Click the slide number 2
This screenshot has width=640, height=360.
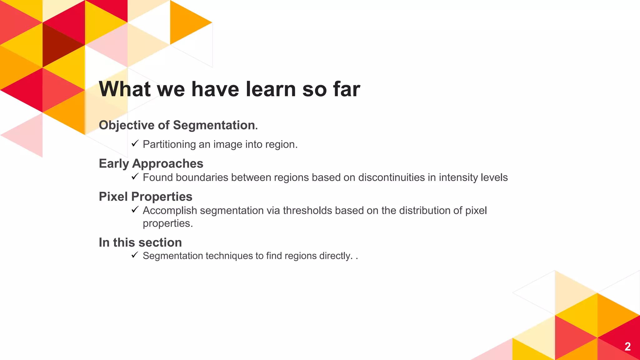click(x=627, y=347)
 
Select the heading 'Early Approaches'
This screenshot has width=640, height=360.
click(x=151, y=163)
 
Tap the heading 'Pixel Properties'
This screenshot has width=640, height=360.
click(x=145, y=197)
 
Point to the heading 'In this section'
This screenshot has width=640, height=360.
click(x=140, y=242)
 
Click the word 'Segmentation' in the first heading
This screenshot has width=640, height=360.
click(x=214, y=125)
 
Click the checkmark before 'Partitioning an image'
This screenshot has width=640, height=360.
click(x=135, y=143)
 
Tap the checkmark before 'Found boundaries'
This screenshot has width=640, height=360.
click(x=135, y=177)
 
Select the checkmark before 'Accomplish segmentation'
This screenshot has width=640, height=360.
click(x=135, y=210)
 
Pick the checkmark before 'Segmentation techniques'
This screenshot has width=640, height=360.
click(x=135, y=255)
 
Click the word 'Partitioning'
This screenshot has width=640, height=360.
click(x=169, y=144)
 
